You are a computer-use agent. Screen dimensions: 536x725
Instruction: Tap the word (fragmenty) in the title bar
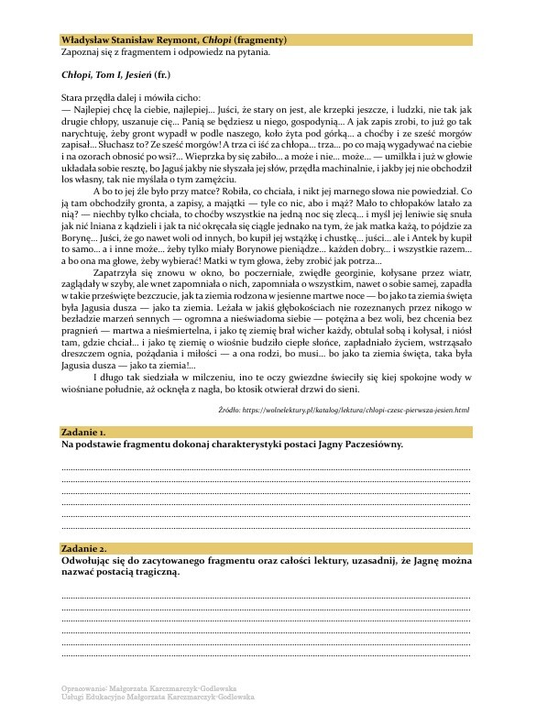260,40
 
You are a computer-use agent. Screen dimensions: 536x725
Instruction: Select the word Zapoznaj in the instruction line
81,52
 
